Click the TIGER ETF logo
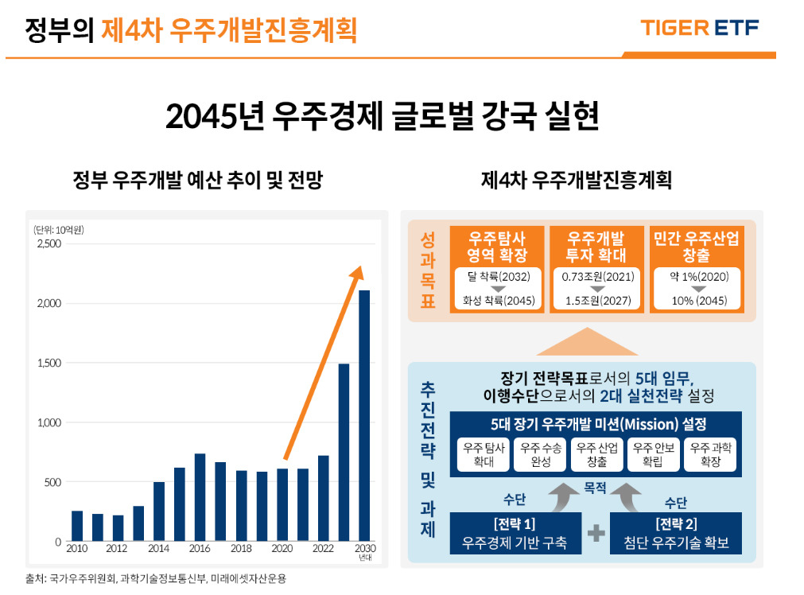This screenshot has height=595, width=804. pos(699,28)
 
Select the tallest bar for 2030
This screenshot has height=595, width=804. pos(364,415)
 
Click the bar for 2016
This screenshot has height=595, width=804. pos(200,497)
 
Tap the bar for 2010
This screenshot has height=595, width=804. pos(77,526)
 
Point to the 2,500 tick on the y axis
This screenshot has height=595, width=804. pos(49,243)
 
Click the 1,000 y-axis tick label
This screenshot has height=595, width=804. pos(49,422)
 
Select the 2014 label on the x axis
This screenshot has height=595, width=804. pos(158,548)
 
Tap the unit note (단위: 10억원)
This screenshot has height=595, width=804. pos(59,230)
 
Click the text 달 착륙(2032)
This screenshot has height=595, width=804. pos(499,277)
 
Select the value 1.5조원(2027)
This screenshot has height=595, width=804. pos(598,301)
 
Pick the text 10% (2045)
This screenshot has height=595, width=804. pos(699,301)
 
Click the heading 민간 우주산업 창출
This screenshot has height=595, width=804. pos(697,247)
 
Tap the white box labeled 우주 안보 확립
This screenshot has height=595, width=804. pos(654,454)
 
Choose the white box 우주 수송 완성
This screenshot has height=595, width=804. pos(541,454)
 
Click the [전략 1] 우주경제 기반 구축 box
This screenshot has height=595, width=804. pos(515,534)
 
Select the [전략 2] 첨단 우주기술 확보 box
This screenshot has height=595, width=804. pos(676,534)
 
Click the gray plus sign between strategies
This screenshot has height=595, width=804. pos(596,534)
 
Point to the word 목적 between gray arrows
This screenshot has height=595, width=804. pos(595,488)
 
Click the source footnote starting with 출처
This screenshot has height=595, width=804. pos(156,579)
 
